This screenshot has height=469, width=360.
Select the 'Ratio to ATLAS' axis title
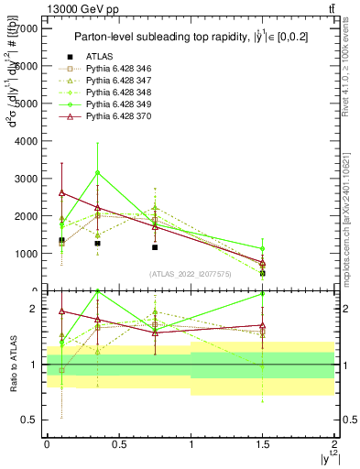coord(13,366)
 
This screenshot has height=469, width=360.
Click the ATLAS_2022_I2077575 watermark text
coord(190,274)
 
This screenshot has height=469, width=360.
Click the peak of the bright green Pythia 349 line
coord(97,172)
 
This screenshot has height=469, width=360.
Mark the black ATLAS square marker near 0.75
coord(155,247)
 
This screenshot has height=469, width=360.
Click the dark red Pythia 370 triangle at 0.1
coord(61,193)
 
